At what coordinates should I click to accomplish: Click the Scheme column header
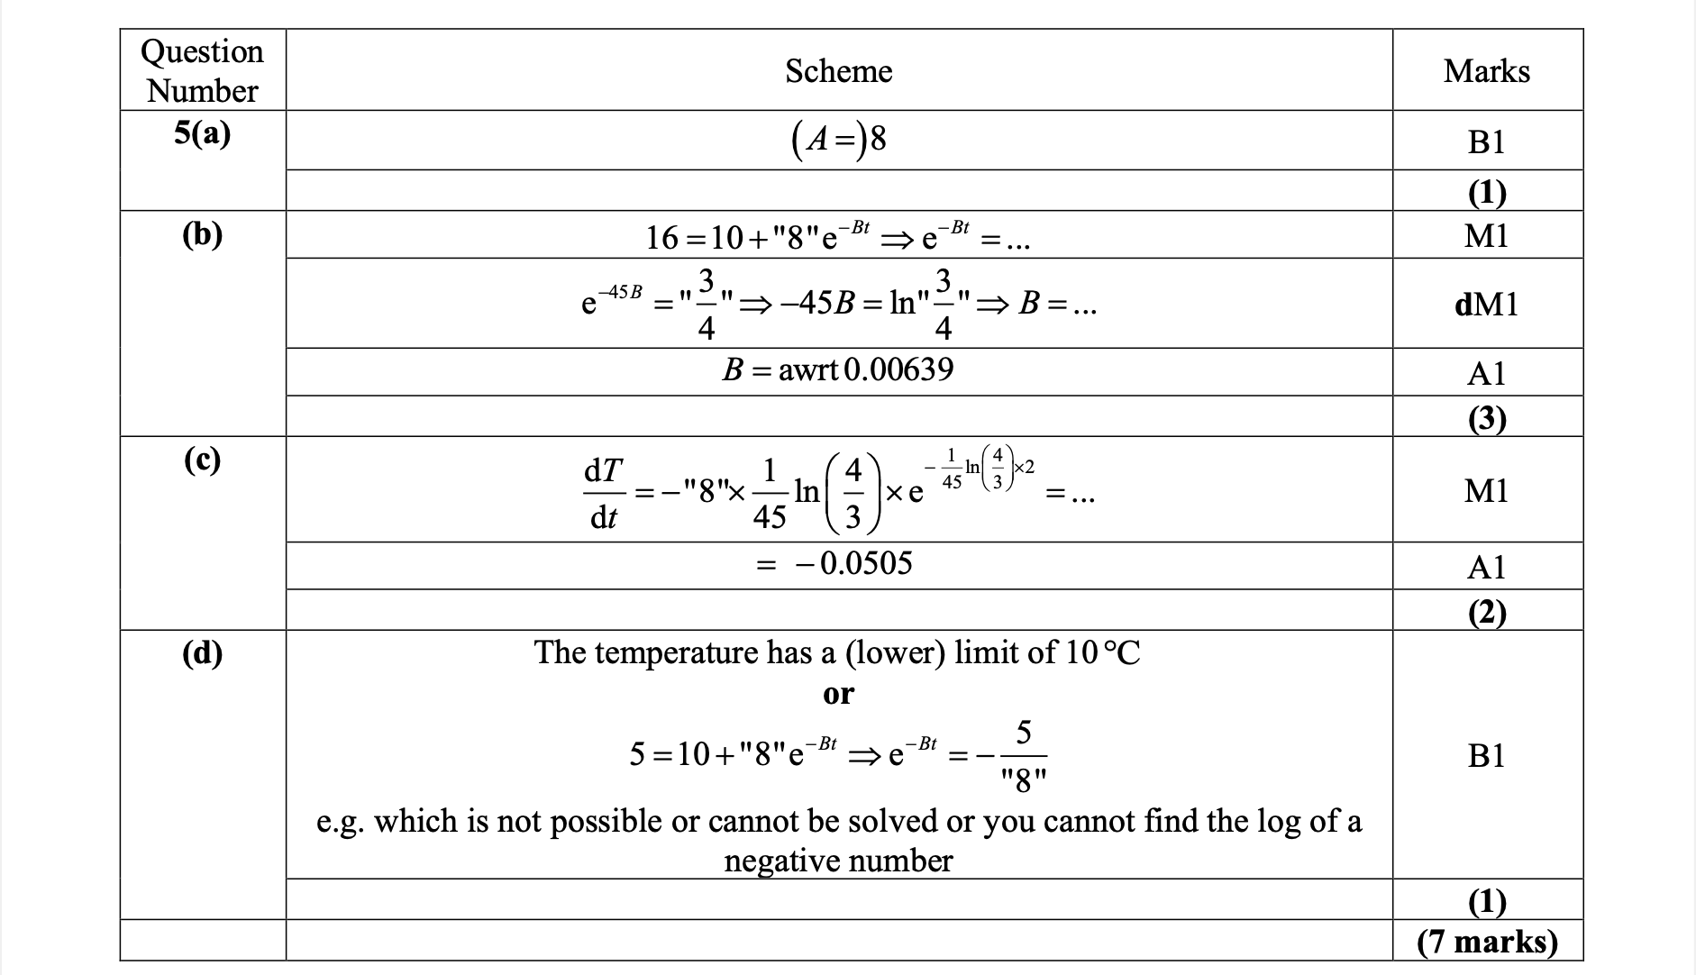pyautogui.click(x=838, y=71)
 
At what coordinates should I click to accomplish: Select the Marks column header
pyautogui.click(x=1486, y=71)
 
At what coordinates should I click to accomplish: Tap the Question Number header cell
pyautogui.click(x=203, y=71)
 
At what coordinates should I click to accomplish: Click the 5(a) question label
pyautogui.click(x=203, y=134)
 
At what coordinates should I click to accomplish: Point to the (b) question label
pyautogui.click(x=203, y=234)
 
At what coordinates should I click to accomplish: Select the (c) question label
pyautogui.click(x=203, y=460)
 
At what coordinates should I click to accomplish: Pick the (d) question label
pyautogui.click(x=203, y=653)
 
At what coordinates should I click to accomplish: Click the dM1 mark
pyautogui.click(x=1486, y=305)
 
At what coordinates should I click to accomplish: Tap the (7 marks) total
pyautogui.click(x=1486, y=942)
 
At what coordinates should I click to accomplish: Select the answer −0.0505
pyautogui.click(x=853, y=564)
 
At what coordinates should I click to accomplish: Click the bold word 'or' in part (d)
pyautogui.click(x=838, y=694)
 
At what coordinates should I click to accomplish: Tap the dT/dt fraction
pyautogui.click(x=603, y=493)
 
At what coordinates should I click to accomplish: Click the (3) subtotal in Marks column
pyautogui.click(x=1486, y=419)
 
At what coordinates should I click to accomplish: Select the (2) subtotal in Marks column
pyautogui.click(x=1486, y=613)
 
